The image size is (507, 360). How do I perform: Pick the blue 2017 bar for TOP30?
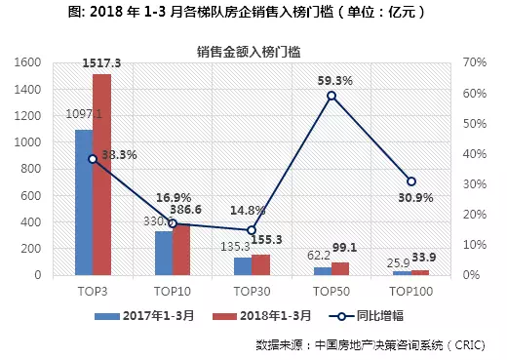[x=243, y=266]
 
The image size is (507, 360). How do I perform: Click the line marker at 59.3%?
[x=331, y=96]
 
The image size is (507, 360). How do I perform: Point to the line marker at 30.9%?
[x=411, y=181]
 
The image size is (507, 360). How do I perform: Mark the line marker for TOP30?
[x=252, y=230]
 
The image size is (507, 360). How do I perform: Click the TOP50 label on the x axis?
[x=331, y=291]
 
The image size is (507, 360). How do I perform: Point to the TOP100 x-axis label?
[x=411, y=291]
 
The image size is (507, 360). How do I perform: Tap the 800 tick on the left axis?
[x=46, y=169]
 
